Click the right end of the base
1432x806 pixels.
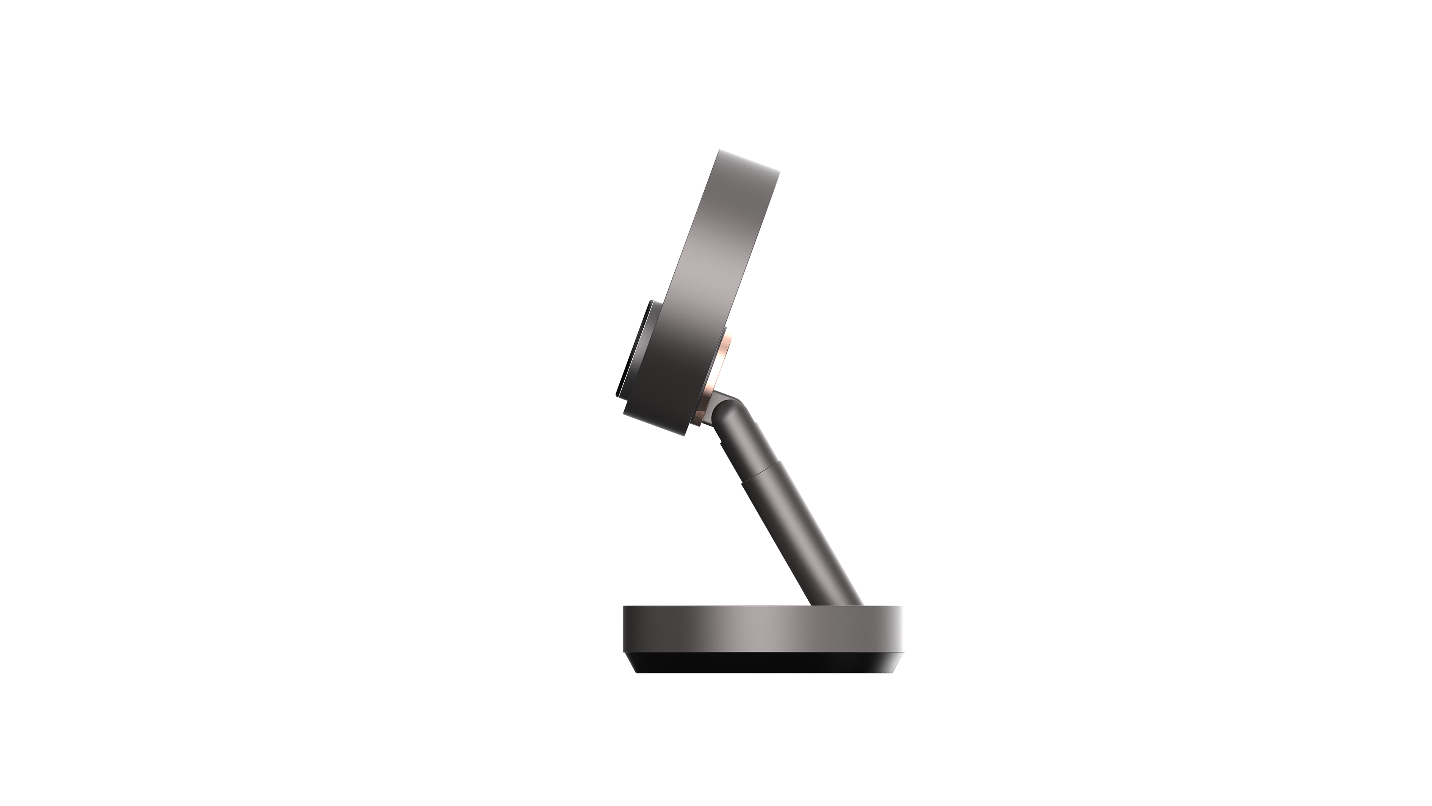900,634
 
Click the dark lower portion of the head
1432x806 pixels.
667,389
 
